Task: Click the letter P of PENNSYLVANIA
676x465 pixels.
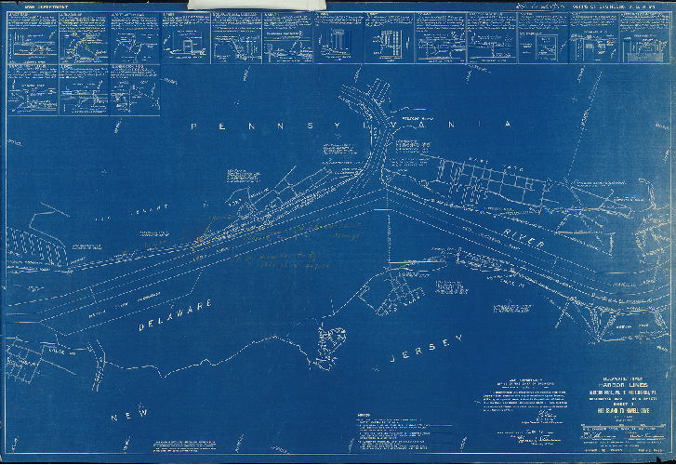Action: [x=193, y=124]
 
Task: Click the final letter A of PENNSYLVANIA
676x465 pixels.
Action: [x=509, y=124]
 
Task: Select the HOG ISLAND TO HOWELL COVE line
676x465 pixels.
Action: [x=614, y=412]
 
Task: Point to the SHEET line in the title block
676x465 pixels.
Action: [x=614, y=405]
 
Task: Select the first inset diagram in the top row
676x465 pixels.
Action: [x=32, y=37]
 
